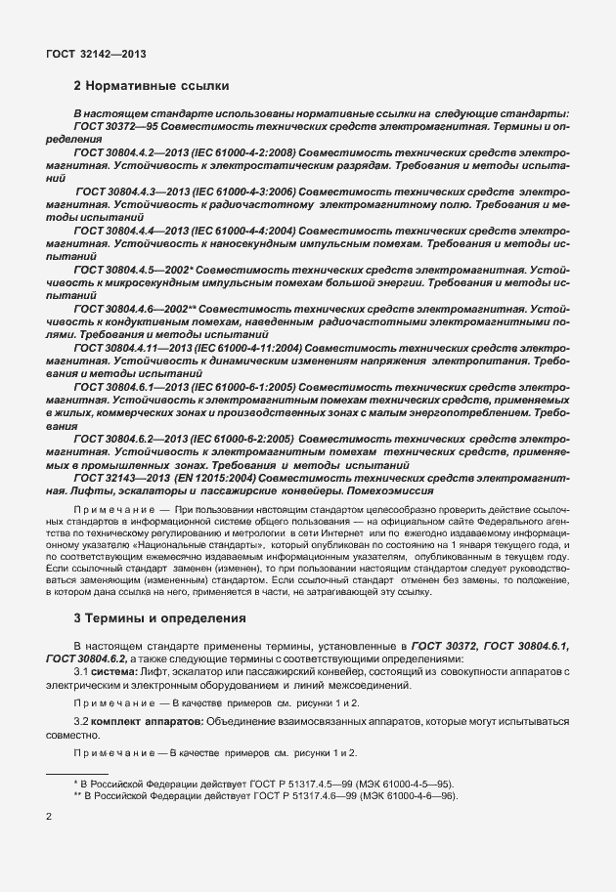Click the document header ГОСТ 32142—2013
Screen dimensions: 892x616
pos(97,55)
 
